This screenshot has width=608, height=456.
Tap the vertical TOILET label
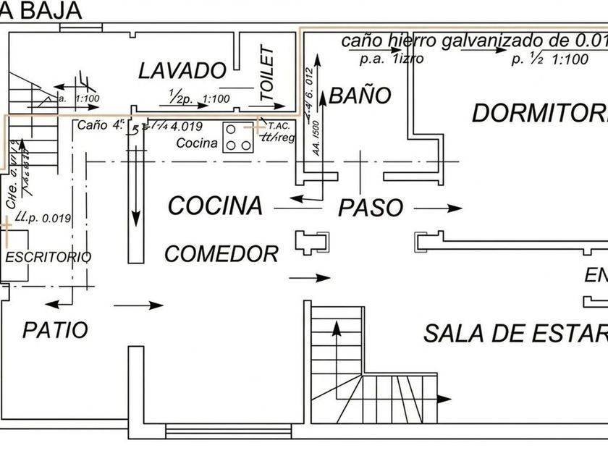[x=266, y=73]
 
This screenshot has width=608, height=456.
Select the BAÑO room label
[x=360, y=96]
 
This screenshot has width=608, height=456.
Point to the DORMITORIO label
[x=539, y=113]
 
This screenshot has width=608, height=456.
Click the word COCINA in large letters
[x=215, y=206]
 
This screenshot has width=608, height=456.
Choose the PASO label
[x=371, y=208]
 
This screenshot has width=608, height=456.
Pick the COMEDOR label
[x=221, y=254]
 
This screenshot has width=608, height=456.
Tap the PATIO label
[x=55, y=330]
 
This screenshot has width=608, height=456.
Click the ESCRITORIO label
[x=48, y=257]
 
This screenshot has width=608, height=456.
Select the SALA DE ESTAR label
[x=515, y=334]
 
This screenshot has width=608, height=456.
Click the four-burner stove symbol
[x=237, y=138]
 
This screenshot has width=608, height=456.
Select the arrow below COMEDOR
[x=309, y=278]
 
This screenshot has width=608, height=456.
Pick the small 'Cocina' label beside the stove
[x=197, y=143]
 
